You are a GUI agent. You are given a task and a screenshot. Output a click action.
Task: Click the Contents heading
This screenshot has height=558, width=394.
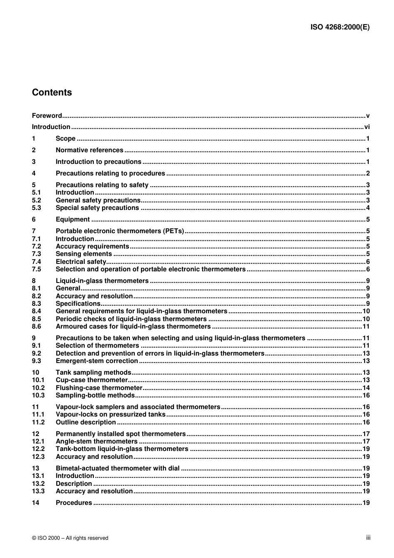[x=52, y=93]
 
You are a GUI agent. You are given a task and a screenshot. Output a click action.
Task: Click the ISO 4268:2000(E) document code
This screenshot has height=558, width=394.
[x=340, y=27]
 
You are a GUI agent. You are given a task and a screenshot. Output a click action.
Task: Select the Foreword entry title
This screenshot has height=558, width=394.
[x=47, y=116]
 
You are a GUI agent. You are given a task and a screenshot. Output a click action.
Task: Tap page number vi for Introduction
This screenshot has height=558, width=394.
[x=367, y=127]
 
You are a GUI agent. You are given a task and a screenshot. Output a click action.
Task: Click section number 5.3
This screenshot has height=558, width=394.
[x=36, y=208]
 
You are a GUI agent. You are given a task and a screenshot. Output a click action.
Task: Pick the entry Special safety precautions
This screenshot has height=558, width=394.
[x=97, y=208]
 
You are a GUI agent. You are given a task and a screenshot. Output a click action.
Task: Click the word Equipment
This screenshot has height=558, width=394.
[x=73, y=219]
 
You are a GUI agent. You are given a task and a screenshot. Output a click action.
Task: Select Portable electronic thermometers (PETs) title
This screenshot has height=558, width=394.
[x=120, y=231]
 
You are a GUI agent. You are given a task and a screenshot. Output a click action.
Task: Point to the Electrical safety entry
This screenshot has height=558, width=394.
[x=81, y=262]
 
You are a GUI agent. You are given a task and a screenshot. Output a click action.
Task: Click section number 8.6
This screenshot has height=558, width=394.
[x=36, y=327]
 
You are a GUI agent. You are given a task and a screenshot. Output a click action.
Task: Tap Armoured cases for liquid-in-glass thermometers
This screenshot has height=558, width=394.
[x=133, y=327]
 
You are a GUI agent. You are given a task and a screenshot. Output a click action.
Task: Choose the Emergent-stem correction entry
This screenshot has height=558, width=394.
[x=97, y=361]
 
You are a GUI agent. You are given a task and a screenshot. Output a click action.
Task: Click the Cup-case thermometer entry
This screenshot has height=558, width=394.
[x=92, y=380]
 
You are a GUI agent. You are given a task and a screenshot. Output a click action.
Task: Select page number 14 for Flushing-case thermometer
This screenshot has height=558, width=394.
[x=366, y=388]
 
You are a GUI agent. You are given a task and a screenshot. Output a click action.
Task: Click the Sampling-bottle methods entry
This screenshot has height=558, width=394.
[x=95, y=395]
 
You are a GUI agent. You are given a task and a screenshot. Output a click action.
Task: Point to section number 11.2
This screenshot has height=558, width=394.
[x=38, y=422]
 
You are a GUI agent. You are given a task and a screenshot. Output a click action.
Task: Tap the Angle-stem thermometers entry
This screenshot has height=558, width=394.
[x=97, y=441]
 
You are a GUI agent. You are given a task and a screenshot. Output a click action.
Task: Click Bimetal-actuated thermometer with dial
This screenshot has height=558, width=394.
[x=117, y=468]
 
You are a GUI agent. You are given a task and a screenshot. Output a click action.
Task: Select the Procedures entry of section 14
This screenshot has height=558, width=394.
[x=74, y=503]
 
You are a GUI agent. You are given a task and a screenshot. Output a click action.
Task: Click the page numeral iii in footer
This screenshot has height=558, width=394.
[x=368, y=538]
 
